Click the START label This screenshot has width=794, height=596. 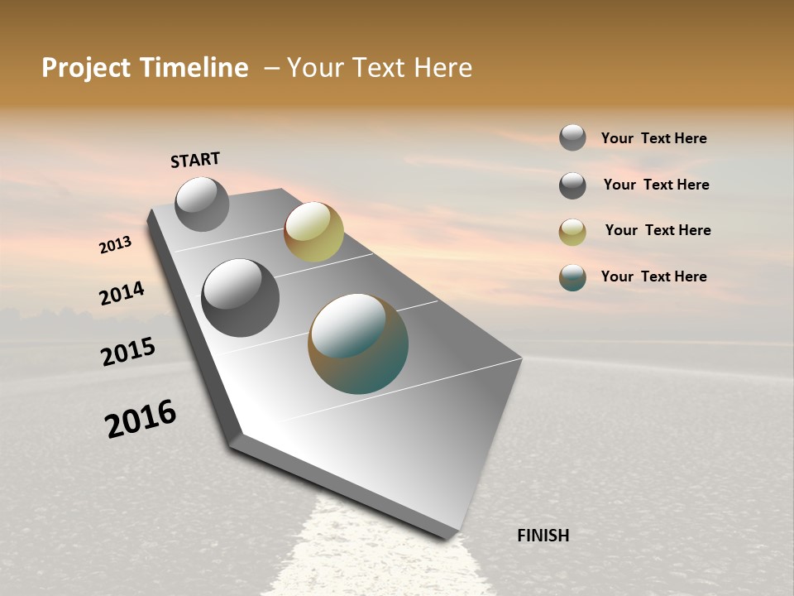(195, 160)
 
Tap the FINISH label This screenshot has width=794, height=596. (543, 536)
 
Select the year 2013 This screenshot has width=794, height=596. (115, 244)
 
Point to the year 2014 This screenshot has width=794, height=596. (122, 293)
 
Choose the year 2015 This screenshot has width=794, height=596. (127, 352)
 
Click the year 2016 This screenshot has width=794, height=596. (141, 419)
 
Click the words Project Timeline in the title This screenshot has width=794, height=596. (145, 68)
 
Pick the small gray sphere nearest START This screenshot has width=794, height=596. (202, 204)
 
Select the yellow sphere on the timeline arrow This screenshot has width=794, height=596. (313, 231)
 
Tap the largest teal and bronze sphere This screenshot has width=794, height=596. (358, 344)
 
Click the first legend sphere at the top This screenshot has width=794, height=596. (572, 137)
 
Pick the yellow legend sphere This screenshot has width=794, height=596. (572, 232)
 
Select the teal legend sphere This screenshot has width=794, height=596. (572, 277)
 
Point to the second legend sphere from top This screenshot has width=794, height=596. (572, 185)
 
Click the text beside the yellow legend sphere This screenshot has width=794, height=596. (658, 230)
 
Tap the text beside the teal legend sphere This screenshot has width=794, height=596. (653, 276)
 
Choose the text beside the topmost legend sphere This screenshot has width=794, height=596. (653, 138)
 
